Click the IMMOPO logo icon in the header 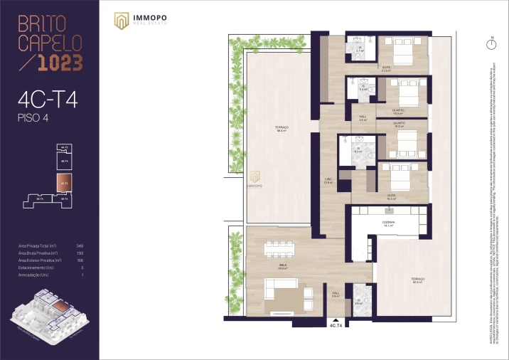pyautogui.click(x=122, y=22)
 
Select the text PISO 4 pyautogui.click(x=33, y=117)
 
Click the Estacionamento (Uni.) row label pyautogui.click(x=37, y=268)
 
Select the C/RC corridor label pyautogui.click(x=328, y=181)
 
